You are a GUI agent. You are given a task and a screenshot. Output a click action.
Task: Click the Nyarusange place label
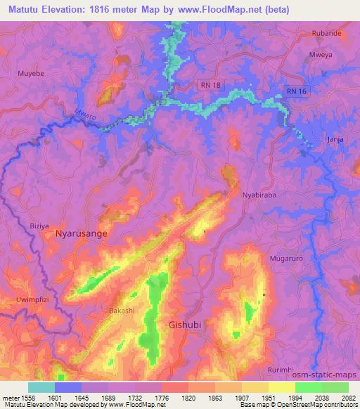pos(77,236)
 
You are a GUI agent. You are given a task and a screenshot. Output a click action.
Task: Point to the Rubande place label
pos(326,33)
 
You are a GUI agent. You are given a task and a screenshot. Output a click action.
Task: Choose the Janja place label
pos(335,139)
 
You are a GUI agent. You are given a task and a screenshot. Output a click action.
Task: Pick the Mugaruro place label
pos(285,259)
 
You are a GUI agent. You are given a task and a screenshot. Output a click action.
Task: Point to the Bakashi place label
pos(122,310)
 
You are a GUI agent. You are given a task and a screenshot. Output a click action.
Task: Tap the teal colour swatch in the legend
pos(41,387)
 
